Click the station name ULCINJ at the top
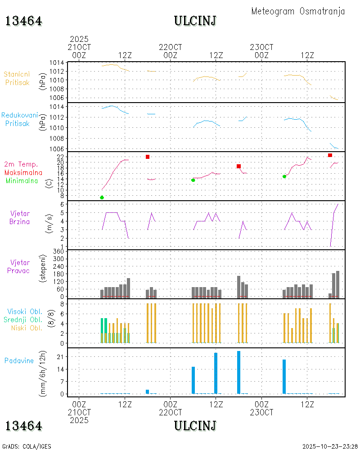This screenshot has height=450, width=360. pos(195,21)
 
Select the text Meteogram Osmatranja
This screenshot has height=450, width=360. pos(298,11)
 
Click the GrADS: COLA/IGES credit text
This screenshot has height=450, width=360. pos(27,446)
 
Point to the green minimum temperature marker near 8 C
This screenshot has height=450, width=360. pos(102,198)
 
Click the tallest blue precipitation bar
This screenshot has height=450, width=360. pos(238,372)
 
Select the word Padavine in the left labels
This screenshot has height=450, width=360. pos(19,360)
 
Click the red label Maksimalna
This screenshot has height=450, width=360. pos(23,172)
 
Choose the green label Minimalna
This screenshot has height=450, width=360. pos(23,180)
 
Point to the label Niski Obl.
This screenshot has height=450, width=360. pos(27,328)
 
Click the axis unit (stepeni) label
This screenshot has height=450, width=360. pos(44,269)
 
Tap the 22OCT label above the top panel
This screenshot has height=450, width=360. pos(171,47)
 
